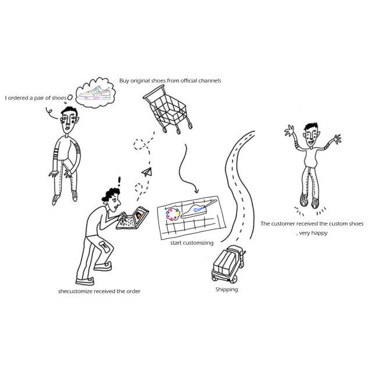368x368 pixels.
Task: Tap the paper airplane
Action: pyautogui.click(x=147, y=172)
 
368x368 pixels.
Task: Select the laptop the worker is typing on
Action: pyautogui.click(x=133, y=218)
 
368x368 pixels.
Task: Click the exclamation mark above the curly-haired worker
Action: pyautogui.click(x=119, y=181)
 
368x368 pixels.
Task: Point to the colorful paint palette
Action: pyautogui.click(x=173, y=215)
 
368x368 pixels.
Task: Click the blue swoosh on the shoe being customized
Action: pyautogui.click(x=199, y=208)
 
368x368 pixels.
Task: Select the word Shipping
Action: pyautogui.click(x=227, y=290)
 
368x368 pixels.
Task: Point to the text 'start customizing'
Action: pyautogui.click(x=192, y=243)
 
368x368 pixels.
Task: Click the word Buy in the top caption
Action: pyautogui.click(x=124, y=81)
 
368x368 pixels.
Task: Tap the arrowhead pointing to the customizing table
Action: pyautogui.click(x=196, y=191)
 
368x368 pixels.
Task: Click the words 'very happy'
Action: pyautogui.click(x=313, y=233)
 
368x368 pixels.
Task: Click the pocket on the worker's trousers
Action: pyautogui.click(x=104, y=247)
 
